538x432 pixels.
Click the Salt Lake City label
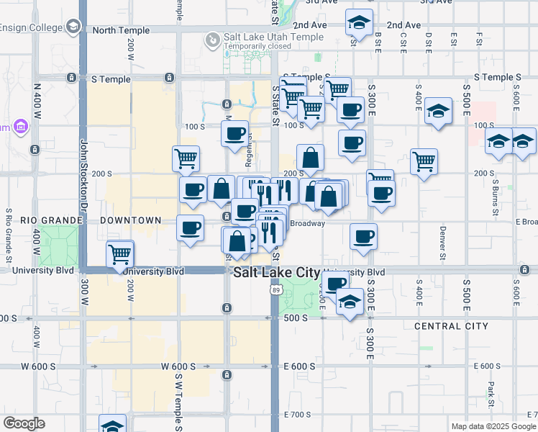(277, 272)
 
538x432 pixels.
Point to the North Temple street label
(121, 30)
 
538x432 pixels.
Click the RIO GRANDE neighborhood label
(28, 220)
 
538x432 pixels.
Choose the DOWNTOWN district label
(130, 220)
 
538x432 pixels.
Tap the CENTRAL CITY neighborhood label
(451, 326)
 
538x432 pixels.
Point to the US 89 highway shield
(277, 289)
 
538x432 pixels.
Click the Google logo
(24, 423)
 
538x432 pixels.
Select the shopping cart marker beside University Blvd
(119, 253)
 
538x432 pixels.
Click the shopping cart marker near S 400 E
(424, 161)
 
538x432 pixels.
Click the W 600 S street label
(38, 366)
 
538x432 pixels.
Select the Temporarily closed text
(257, 46)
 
